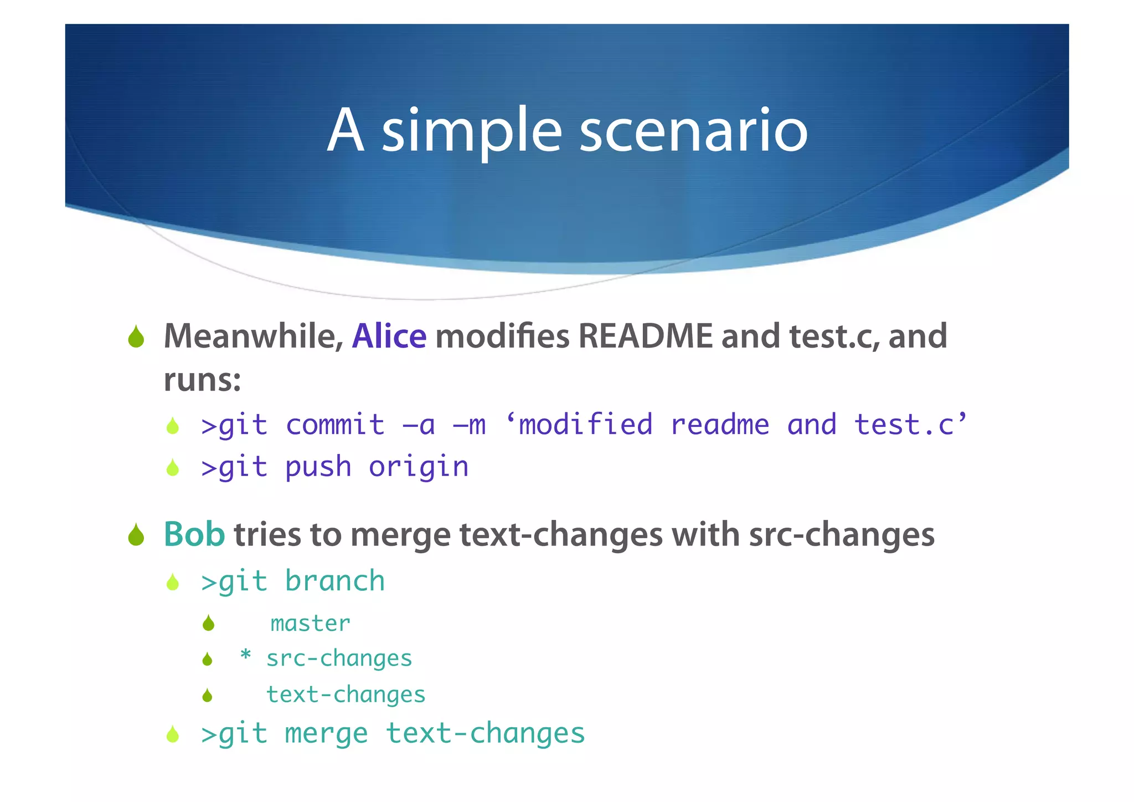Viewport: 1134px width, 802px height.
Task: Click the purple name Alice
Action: (x=389, y=336)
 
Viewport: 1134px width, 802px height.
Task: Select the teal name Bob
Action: (x=194, y=534)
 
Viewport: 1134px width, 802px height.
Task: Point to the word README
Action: (x=645, y=336)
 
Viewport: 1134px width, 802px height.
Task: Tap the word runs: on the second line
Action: (x=202, y=380)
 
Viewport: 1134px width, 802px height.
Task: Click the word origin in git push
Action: (x=419, y=467)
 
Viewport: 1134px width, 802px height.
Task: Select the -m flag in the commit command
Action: (x=469, y=425)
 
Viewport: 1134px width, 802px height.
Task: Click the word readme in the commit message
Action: (x=719, y=425)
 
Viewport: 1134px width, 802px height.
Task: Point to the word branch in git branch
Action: (x=334, y=581)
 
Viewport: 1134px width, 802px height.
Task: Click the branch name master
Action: (x=310, y=624)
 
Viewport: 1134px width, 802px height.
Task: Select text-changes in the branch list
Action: (x=346, y=694)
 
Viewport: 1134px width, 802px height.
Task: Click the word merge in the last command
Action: (x=326, y=733)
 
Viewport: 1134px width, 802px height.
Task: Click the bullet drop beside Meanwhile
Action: (x=136, y=337)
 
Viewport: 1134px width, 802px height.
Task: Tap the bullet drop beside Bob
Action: (x=136, y=535)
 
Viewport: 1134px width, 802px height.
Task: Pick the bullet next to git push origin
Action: (x=173, y=468)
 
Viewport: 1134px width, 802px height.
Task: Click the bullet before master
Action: (x=208, y=624)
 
